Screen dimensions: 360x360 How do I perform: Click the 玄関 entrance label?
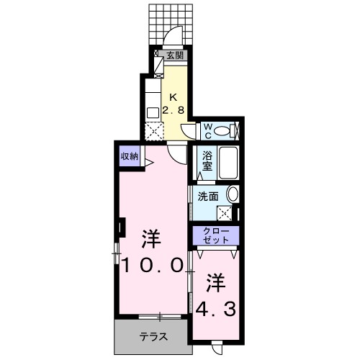coord(176,54)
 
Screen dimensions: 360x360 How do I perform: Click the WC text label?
coord(207,130)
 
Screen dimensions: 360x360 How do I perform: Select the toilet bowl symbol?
coord(226,130)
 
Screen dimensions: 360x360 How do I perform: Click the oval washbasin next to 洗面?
coord(233,193)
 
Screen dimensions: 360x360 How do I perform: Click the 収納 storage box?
coord(130,155)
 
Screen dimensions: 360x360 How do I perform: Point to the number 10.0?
coord(150,264)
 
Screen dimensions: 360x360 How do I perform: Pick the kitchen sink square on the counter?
coord(153,112)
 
